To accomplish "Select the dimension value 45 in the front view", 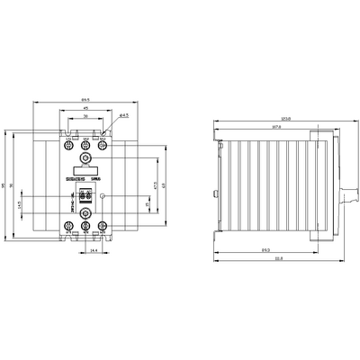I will (x=85, y=110).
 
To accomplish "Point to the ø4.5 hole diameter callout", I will (x=123, y=115).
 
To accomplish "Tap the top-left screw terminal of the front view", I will (x=68, y=145).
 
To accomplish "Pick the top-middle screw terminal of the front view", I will (x=85, y=145).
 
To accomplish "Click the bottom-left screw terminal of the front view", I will (x=68, y=226).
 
